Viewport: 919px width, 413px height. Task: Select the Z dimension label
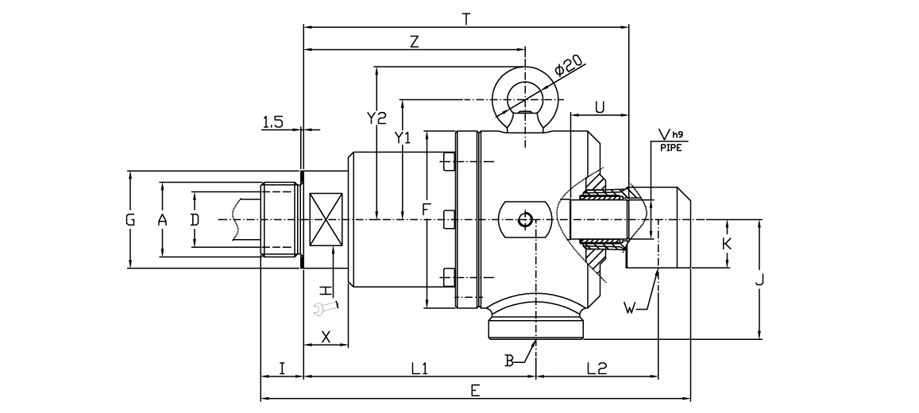click(414, 42)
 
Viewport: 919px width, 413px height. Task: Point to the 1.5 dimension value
click(272, 121)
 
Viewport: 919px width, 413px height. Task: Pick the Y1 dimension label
click(404, 137)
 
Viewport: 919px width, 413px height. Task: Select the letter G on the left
click(130, 220)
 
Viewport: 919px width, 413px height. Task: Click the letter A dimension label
click(161, 220)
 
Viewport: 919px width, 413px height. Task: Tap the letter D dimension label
click(194, 220)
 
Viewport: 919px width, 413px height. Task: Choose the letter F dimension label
click(427, 210)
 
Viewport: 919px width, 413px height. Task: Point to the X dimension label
click(326, 336)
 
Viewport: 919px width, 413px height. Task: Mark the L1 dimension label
click(419, 369)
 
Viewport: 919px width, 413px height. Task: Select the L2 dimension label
click(597, 369)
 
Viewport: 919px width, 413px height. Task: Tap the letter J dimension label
click(760, 280)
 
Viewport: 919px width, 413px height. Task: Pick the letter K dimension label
click(727, 244)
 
